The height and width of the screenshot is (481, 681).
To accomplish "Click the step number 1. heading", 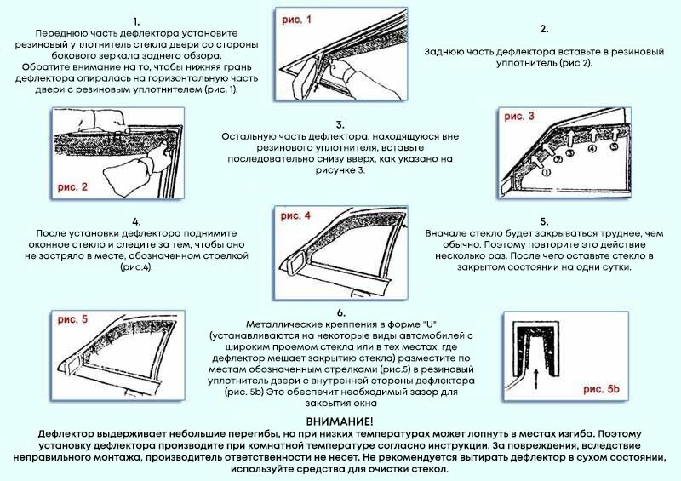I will [137, 20].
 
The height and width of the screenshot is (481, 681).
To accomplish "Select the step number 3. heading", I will [340, 123].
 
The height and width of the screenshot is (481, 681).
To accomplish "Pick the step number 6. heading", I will [340, 313].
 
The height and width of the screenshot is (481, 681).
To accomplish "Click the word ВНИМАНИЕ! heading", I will [340, 422].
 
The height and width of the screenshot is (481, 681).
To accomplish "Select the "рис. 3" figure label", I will [520, 116].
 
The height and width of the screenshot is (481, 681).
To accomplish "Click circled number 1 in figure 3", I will [547, 171].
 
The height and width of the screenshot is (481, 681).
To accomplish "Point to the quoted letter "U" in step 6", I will [425, 325].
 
